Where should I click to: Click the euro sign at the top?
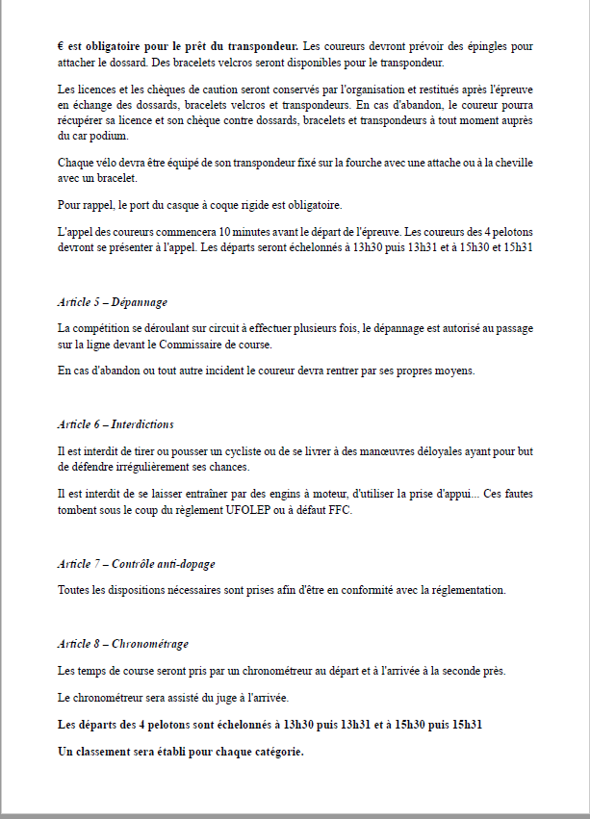[61, 46]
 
